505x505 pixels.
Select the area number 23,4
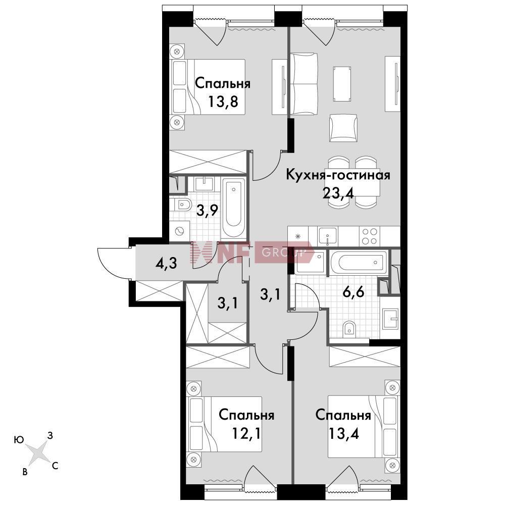click(x=338, y=193)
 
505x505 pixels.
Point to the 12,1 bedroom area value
click(x=246, y=433)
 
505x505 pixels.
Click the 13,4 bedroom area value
click(x=343, y=433)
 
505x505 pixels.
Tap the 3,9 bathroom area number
click(x=208, y=211)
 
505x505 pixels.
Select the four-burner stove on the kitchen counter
click(x=370, y=236)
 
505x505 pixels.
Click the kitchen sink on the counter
click(x=328, y=235)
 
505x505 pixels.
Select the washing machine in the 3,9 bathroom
click(x=179, y=231)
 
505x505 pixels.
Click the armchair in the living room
click(x=343, y=128)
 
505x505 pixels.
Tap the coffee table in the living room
click(x=342, y=84)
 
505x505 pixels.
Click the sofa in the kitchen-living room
click(x=304, y=84)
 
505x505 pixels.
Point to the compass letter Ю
click(x=19, y=440)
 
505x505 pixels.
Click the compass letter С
click(x=55, y=466)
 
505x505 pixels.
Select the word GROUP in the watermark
click(x=283, y=252)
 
